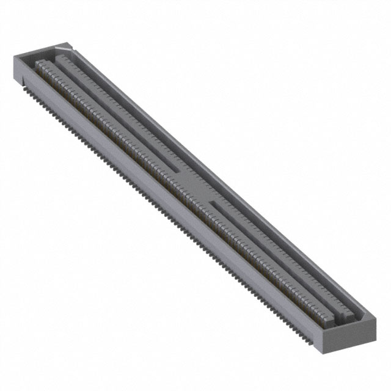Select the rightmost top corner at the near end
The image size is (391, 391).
[374, 318]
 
